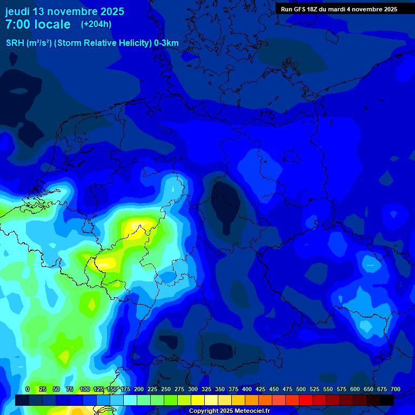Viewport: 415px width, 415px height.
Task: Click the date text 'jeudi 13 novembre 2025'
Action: [x=64, y=11]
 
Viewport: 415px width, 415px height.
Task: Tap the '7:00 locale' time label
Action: [x=38, y=24]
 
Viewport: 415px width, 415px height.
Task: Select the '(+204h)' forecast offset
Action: [x=96, y=24]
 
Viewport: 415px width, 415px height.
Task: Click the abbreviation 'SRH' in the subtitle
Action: [x=15, y=43]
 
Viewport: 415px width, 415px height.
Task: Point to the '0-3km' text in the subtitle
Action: [x=166, y=43]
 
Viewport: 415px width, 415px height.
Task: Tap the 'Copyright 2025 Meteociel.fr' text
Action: [x=229, y=411]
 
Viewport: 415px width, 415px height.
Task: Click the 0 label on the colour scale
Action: [x=28, y=390]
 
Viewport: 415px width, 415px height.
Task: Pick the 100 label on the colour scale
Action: [x=85, y=390]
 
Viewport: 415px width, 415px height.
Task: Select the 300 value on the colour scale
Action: [x=193, y=390]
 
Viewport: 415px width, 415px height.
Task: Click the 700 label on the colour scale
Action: [x=395, y=390]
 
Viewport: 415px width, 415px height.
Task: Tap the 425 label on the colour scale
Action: [x=260, y=390]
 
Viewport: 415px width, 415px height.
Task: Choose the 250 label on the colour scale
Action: [x=166, y=390]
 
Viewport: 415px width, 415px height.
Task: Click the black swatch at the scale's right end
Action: [x=387, y=400]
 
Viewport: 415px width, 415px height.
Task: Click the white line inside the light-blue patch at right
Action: [x=371, y=265]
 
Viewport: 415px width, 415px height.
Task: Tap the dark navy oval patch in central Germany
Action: [x=226, y=208]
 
